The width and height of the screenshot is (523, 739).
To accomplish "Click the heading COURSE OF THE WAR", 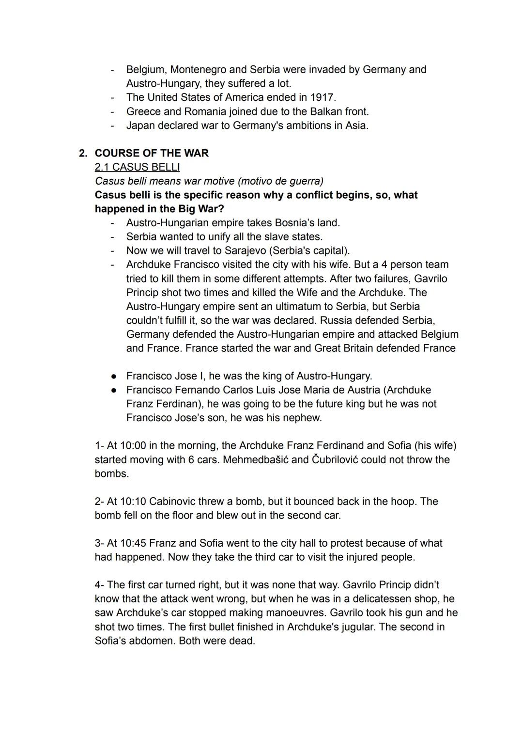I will (x=152, y=153).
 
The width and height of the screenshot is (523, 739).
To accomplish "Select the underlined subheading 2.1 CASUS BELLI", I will (x=137, y=167).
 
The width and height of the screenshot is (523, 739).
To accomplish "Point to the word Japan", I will (x=142, y=126).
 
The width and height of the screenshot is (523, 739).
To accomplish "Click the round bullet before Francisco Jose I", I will (x=113, y=376).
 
